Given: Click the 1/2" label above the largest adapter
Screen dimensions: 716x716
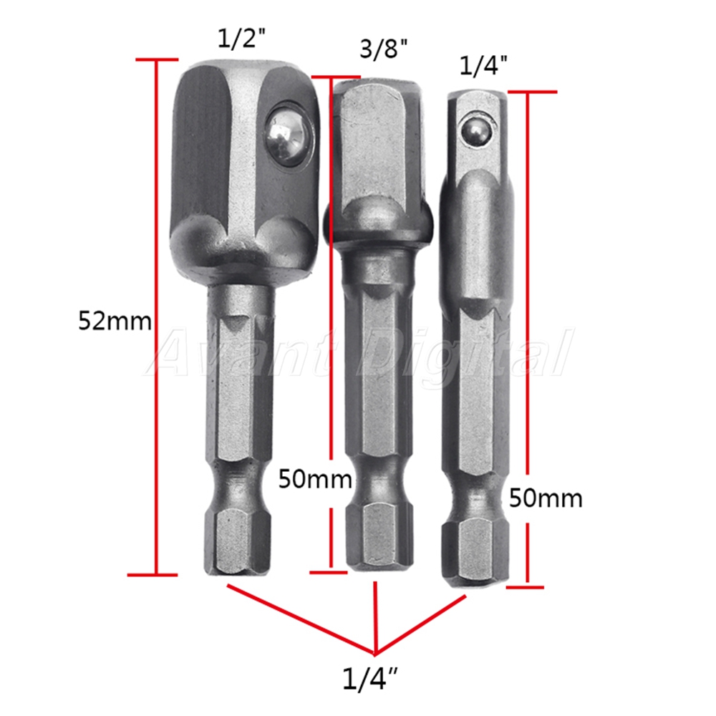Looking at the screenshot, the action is pos(241,39).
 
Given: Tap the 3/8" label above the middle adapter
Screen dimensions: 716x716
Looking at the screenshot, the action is pos(384,49).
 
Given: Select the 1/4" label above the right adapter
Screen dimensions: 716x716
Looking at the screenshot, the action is pos(483,66).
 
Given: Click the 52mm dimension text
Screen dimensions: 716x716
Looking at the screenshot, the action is pos(115,321).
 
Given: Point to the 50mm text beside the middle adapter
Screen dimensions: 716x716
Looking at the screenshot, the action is pos(315,480).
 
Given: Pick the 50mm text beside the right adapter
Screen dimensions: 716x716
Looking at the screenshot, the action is pos(546,498).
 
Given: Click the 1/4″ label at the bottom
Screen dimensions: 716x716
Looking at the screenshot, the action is pos(370,679).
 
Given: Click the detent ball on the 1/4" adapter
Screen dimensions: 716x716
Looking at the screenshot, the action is pos(476,133).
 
